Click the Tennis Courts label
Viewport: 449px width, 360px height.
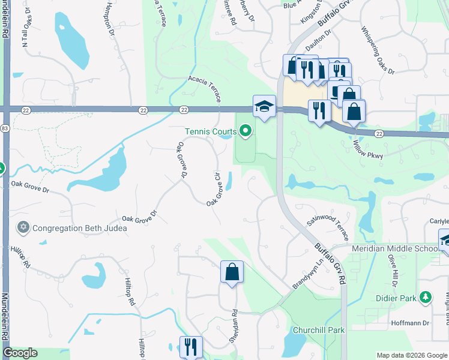click(211, 131)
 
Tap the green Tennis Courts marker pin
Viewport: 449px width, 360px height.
click(245, 130)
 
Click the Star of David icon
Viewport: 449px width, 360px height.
click(23, 227)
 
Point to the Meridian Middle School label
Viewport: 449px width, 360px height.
click(394, 249)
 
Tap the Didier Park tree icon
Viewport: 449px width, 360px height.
click(426, 297)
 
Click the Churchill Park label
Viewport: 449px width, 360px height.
click(319, 330)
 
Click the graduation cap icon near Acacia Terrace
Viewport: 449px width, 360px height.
click(264, 106)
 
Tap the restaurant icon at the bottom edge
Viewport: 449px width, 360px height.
click(191, 347)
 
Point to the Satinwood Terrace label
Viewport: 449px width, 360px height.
click(327, 228)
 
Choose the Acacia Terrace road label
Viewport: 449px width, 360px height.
click(205, 89)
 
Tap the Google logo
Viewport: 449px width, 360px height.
click(20, 353)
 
